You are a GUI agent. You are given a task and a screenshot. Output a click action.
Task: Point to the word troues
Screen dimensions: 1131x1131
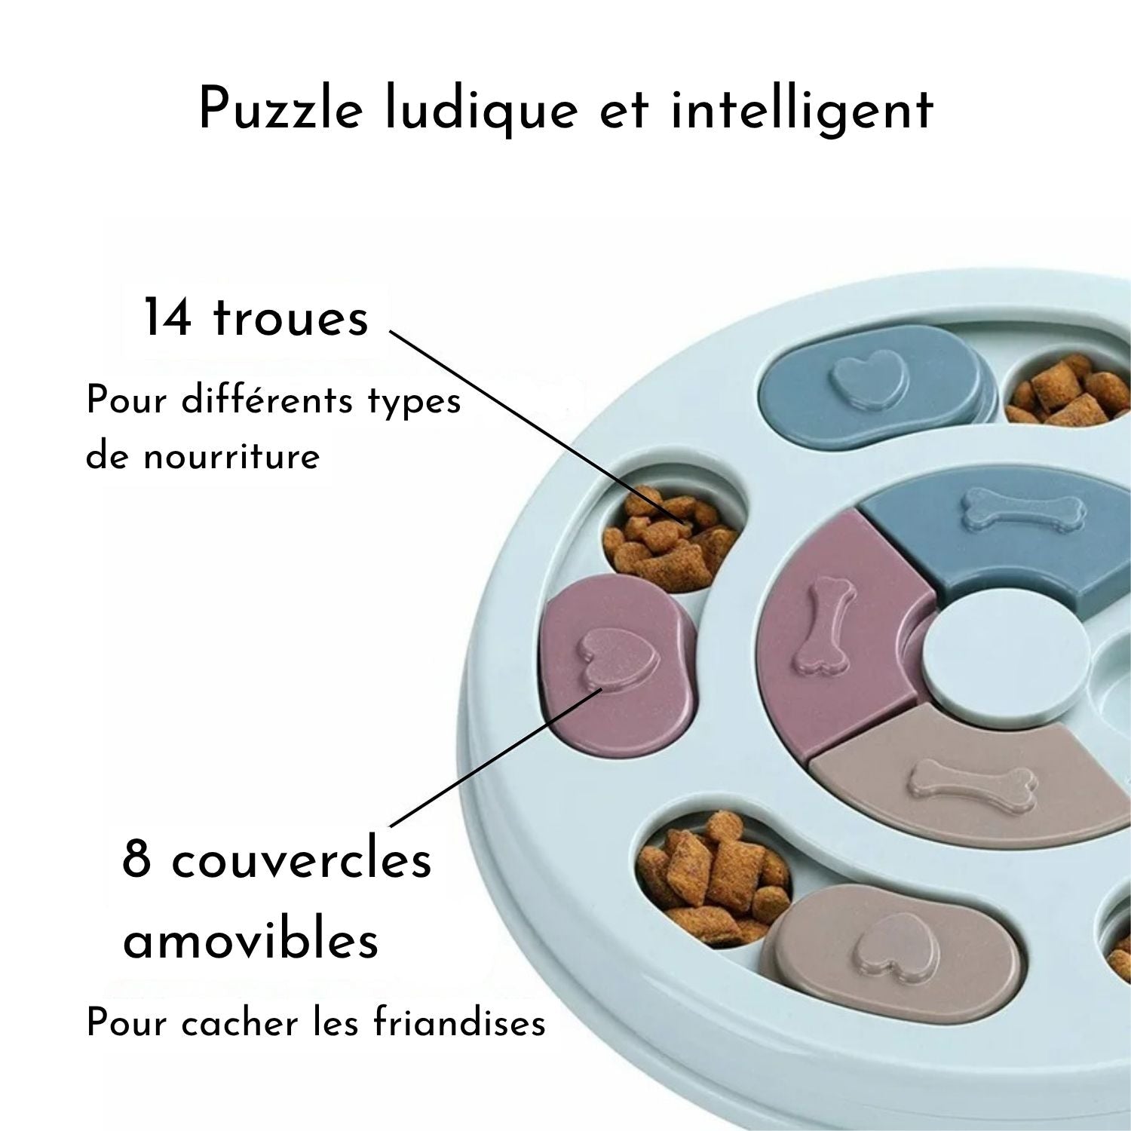tap(292, 319)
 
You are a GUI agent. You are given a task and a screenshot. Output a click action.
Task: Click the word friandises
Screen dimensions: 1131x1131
tap(459, 1023)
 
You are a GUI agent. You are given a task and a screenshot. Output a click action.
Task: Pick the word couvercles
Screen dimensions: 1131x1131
tap(302, 860)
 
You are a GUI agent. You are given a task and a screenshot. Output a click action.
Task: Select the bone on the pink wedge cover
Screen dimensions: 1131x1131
tap(820, 624)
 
